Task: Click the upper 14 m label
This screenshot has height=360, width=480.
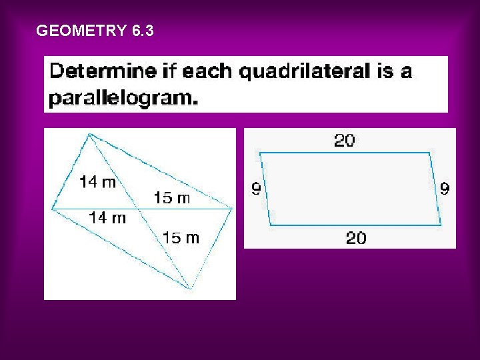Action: pyautogui.click(x=98, y=181)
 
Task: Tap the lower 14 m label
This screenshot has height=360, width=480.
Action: pyautogui.click(x=107, y=218)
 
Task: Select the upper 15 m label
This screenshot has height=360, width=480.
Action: pyautogui.click(x=172, y=197)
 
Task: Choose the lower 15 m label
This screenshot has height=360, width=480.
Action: pyautogui.click(x=181, y=237)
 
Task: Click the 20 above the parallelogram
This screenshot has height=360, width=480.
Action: pyautogui.click(x=344, y=141)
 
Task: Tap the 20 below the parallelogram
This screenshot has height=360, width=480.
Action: pyautogui.click(x=356, y=238)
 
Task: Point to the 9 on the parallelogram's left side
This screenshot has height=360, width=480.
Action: pyautogui.click(x=256, y=189)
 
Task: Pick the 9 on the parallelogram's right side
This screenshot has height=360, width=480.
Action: pyautogui.click(x=445, y=189)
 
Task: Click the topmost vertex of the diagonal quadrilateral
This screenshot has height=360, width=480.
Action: pyautogui.click(x=89, y=134)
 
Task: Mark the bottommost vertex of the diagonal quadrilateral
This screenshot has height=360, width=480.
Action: pyautogui.click(x=191, y=289)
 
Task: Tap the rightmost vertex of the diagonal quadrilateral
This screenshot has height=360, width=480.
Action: pyautogui.click(x=232, y=209)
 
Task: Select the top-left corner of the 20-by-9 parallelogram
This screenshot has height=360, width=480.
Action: pyautogui.click(x=260, y=153)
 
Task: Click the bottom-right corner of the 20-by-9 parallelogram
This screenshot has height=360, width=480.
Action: pyautogui.click(x=441, y=225)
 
